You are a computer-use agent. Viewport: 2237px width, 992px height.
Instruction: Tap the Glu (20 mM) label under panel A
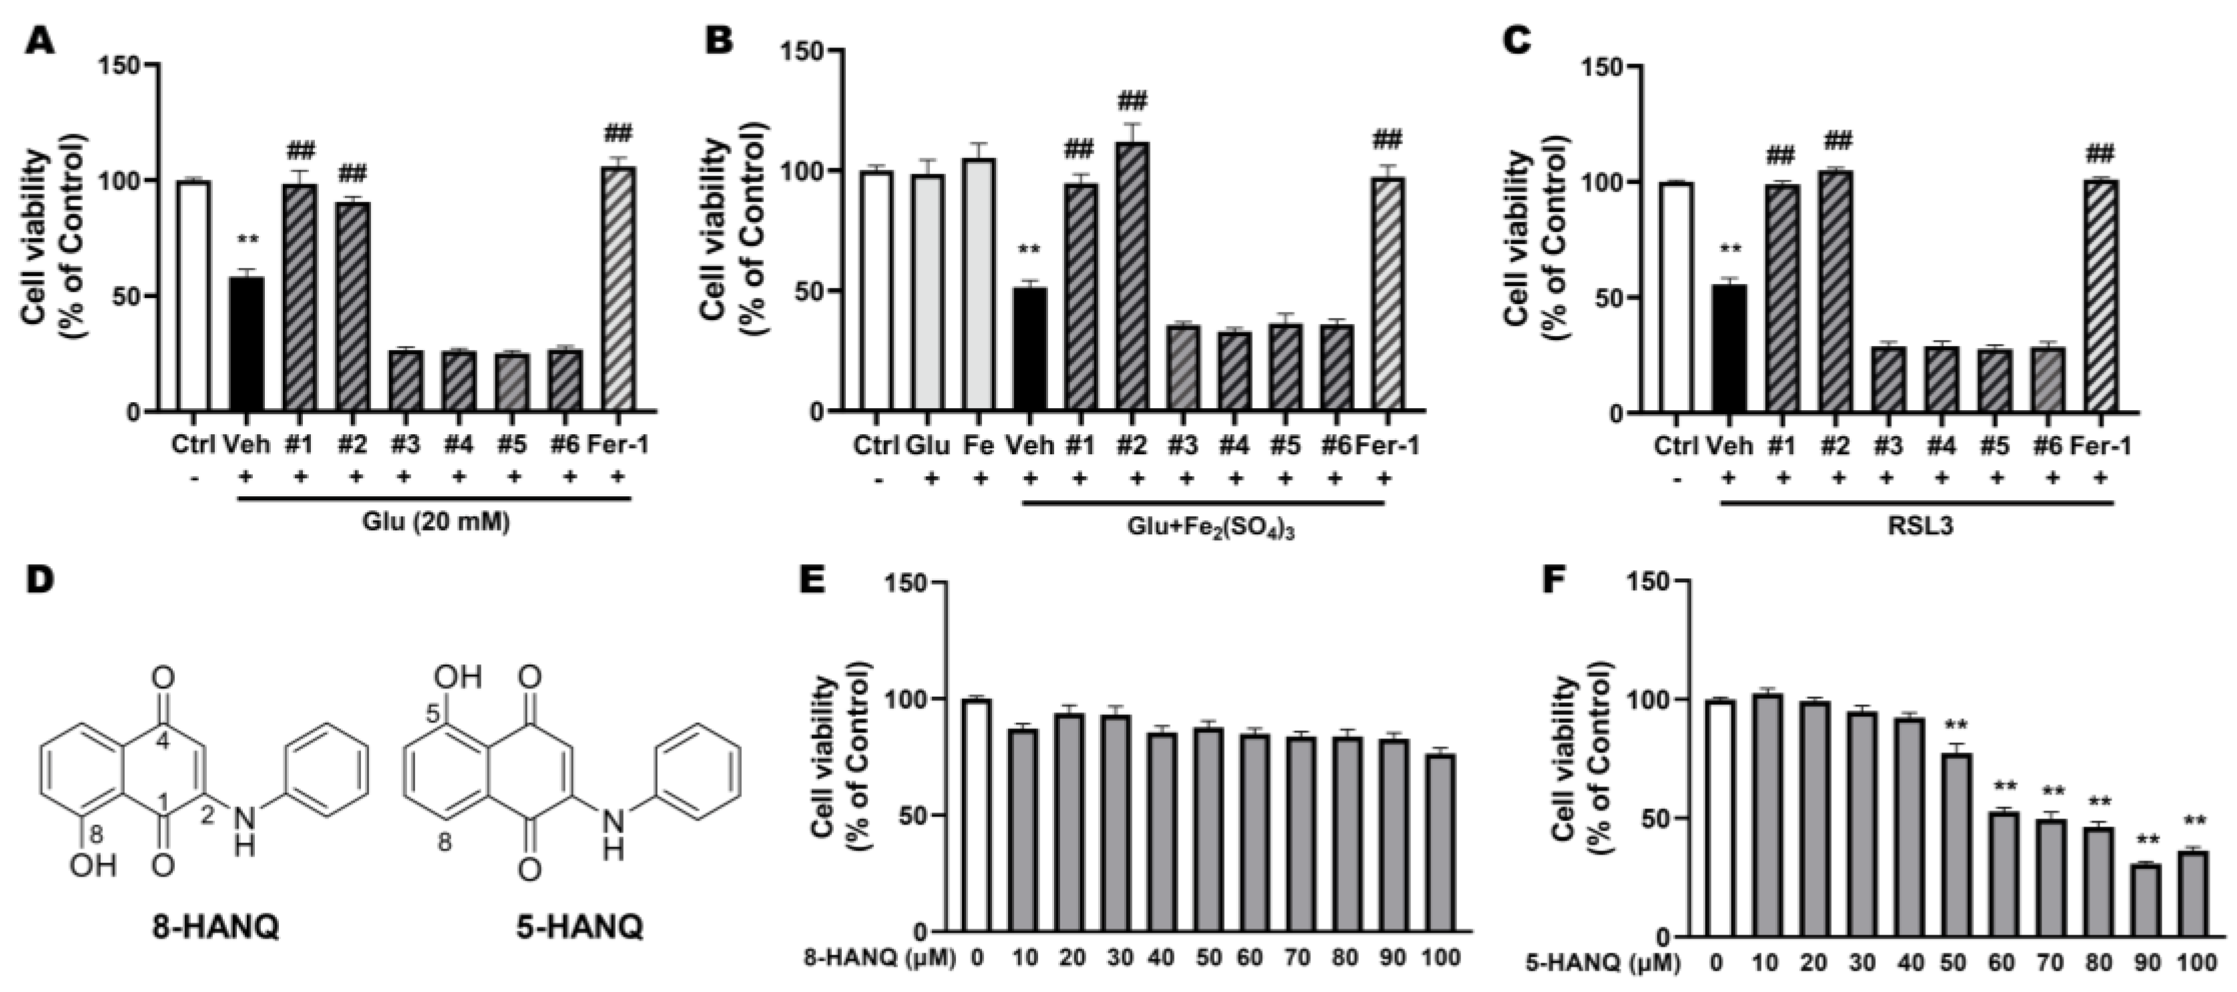tap(435, 523)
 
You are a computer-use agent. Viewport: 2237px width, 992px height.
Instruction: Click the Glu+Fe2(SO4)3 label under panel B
tap(1204, 529)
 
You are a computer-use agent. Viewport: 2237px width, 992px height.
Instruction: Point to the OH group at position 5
tap(460, 675)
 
